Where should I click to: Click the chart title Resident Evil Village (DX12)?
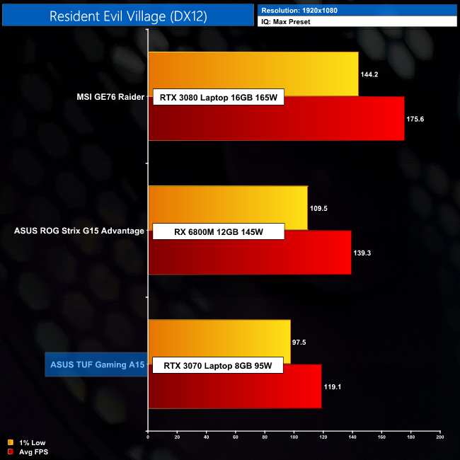[128, 16]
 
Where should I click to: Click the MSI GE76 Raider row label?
[110, 98]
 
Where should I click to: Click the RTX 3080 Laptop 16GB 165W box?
[218, 98]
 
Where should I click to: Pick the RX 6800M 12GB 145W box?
[218, 231]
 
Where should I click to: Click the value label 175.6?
[415, 119]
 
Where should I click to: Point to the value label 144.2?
[369, 74]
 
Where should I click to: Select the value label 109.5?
[318, 208]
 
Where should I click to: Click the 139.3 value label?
[362, 253]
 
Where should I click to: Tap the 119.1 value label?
[333, 386]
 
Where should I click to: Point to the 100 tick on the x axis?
[294, 437]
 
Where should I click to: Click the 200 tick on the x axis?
[440, 437]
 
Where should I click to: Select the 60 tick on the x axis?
[236, 437]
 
